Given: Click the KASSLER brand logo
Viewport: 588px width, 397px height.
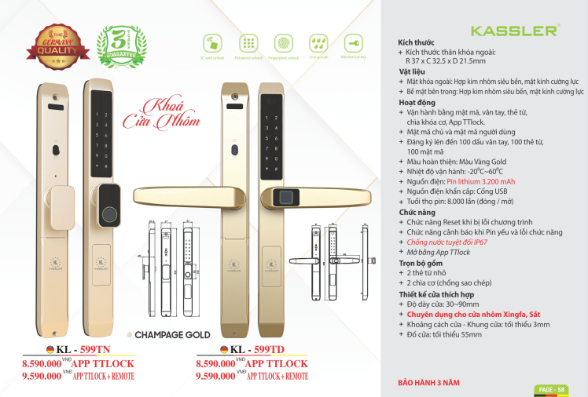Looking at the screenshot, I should [x=514, y=31].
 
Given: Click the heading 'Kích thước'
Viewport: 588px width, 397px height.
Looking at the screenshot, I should [x=417, y=42].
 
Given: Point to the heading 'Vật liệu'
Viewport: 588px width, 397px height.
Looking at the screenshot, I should [x=412, y=71].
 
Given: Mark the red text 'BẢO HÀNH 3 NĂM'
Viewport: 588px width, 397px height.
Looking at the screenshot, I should [x=429, y=384].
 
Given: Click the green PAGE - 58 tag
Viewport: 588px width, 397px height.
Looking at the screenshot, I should [x=552, y=389].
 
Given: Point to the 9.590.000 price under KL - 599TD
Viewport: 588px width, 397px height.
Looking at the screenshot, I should [x=215, y=376].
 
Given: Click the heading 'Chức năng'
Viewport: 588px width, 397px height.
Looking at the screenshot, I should [x=417, y=213].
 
